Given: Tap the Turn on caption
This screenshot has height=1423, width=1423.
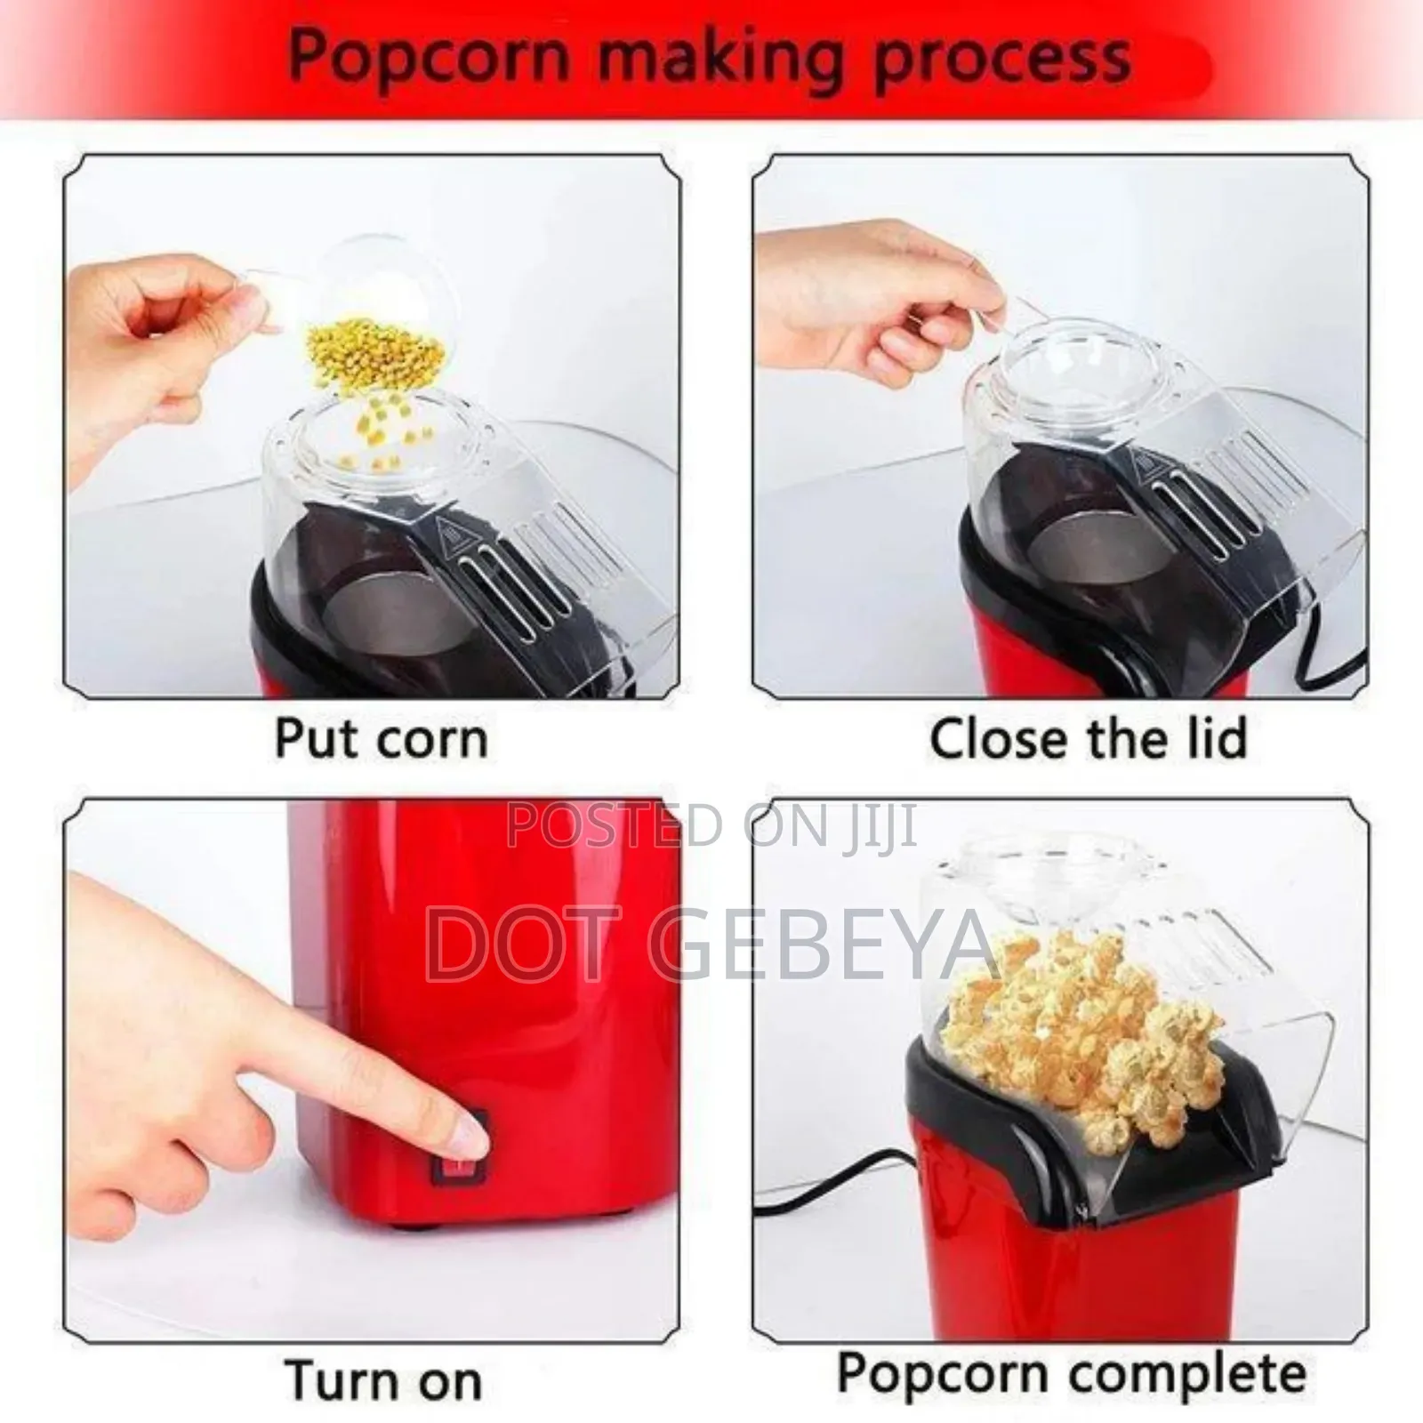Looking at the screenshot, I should tap(383, 1380).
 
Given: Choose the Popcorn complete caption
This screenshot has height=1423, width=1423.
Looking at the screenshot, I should tap(1072, 1373).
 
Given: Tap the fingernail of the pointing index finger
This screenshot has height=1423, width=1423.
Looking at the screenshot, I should tap(469, 1131).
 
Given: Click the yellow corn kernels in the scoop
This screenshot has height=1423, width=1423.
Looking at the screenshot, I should tap(374, 356).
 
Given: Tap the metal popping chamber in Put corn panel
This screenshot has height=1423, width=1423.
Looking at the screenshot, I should tap(360, 605).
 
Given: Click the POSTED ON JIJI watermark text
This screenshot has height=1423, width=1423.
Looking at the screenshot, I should tap(711, 825).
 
